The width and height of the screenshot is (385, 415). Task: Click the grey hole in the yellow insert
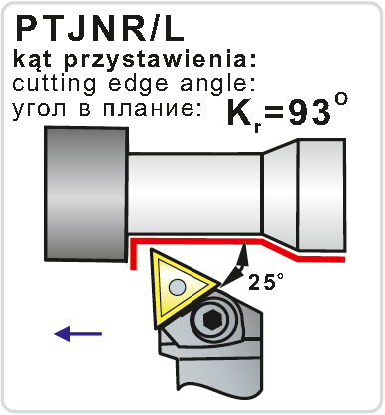[178, 287]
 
